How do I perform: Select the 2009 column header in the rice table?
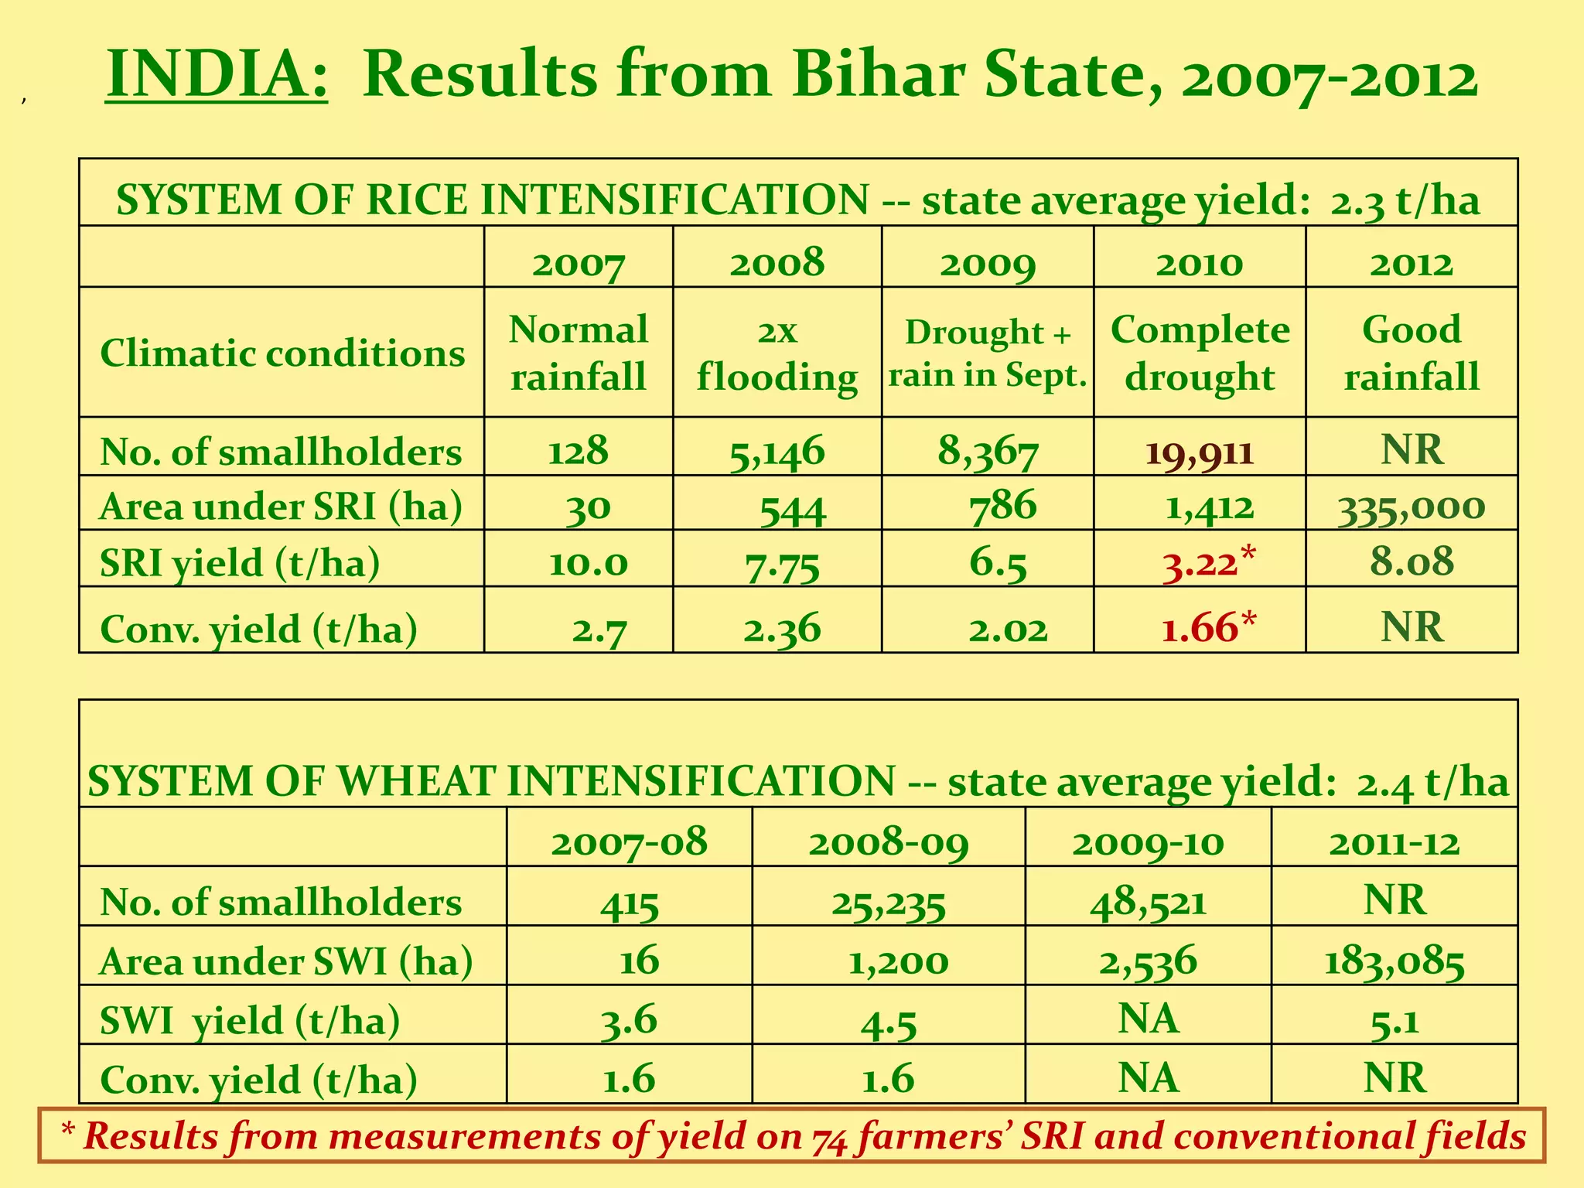coord(988,263)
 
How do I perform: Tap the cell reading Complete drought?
coord(1200,353)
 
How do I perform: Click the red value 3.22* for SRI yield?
coord(1208,562)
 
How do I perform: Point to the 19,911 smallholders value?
coord(1200,451)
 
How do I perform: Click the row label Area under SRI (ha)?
coord(282,507)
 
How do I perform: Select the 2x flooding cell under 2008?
coord(777,353)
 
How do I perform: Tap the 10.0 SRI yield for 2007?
coord(588,563)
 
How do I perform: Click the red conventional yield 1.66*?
coord(1208,627)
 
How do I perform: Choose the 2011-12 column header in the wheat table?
coord(1395,841)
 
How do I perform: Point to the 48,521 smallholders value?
coord(1149,901)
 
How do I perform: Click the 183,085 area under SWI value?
coord(1395,961)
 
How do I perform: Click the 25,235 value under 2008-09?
coord(889,902)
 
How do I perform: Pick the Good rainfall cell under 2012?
coord(1412,353)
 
